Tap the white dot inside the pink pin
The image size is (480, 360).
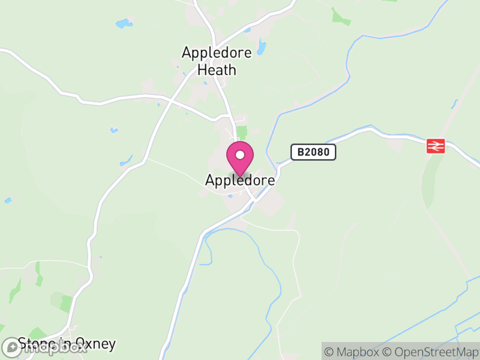tap(240, 155)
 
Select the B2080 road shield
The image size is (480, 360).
tap(313, 152)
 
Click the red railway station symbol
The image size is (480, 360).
tap(435, 146)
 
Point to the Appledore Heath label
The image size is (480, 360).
tap(217, 61)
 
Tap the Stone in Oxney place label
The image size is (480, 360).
tap(67, 344)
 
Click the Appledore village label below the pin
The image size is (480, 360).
tap(240, 180)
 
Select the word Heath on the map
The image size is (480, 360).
tap(217, 70)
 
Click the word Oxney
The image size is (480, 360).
tap(94, 344)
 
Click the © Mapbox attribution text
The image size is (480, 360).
tap(352, 352)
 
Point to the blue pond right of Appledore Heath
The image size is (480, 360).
tap(261, 47)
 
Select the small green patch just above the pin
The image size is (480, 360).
tap(242, 133)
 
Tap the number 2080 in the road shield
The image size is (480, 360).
tap(317, 152)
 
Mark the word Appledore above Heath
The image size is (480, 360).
tap(217, 53)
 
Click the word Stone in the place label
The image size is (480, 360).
tap(35, 344)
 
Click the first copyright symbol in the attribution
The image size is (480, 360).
tap(329, 352)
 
